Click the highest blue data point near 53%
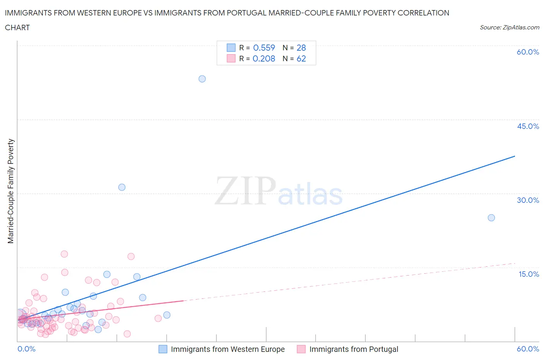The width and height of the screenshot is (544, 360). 202,79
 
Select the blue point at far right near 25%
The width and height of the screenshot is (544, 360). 491,218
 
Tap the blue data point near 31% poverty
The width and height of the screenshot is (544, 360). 122,187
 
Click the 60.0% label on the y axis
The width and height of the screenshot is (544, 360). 528,52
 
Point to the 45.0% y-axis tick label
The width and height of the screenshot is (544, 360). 528,127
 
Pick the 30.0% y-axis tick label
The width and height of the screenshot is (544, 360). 528,201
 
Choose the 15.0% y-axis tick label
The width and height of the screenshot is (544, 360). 529,274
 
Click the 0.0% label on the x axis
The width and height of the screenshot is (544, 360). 27,349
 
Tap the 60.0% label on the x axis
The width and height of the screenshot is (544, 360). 528,349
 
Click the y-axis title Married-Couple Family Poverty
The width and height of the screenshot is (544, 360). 11,191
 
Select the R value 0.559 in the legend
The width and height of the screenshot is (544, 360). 264,48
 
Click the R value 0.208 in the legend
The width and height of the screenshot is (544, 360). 264,59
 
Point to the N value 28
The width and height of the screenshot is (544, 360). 301,48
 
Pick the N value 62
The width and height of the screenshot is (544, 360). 301,59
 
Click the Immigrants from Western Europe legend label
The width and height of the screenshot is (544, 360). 228,349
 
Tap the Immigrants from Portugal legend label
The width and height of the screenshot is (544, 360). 354,349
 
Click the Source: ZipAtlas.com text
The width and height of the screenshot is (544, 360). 509,27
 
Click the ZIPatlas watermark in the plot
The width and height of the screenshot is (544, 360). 279,191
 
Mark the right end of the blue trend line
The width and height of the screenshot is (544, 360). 515,156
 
